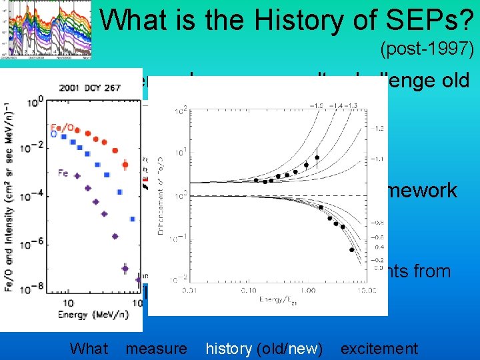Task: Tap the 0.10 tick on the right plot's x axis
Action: click(247, 291)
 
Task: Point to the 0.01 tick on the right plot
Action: click(185, 291)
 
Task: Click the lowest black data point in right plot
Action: click(351, 250)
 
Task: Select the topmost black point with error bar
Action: click(317, 158)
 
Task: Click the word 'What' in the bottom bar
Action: click(89, 348)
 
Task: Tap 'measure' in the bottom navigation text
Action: click(156, 348)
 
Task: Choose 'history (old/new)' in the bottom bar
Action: click(264, 348)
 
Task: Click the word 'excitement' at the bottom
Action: click(379, 348)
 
